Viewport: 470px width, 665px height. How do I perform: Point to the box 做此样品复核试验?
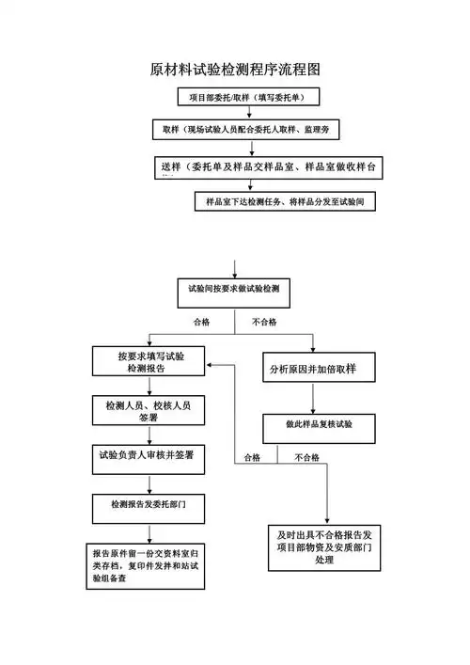pyautogui.click(x=319, y=424)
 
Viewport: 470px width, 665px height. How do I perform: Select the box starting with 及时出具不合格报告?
pyautogui.click(x=325, y=546)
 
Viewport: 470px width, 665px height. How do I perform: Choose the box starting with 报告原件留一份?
pyautogui.click(x=147, y=565)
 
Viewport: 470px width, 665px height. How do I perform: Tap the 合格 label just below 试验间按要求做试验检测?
pyautogui.click(x=201, y=323)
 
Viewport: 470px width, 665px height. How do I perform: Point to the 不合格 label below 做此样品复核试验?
pyautogui.click(x=306, y=457)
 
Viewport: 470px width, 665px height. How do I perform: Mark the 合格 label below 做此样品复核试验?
pyautogui.click(x=252, y=457)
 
